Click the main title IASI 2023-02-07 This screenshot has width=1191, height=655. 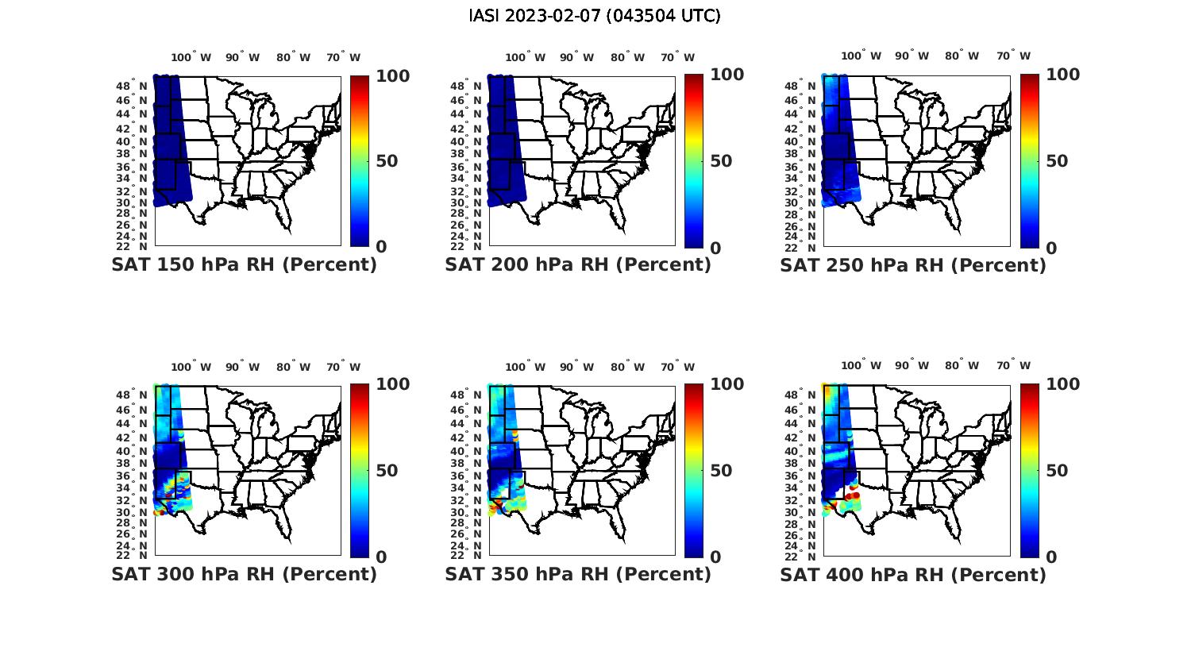[595, 16]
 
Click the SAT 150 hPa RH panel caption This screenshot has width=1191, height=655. [244, 265]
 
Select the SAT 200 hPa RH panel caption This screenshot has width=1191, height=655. [578, 265]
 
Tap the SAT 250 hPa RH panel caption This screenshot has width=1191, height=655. [913, 265]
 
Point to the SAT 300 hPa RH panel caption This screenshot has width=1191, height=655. [244, 574]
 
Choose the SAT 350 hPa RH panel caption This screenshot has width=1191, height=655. [578, 574]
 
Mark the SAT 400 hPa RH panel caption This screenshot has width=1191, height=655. [913, 574]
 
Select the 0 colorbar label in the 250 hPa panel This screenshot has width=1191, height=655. [1051, 248]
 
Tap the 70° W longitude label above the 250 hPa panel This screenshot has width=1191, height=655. [1013, 56]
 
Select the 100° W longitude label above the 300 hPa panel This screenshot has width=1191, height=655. [191, 367]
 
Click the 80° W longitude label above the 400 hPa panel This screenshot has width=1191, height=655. [962, 367]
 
